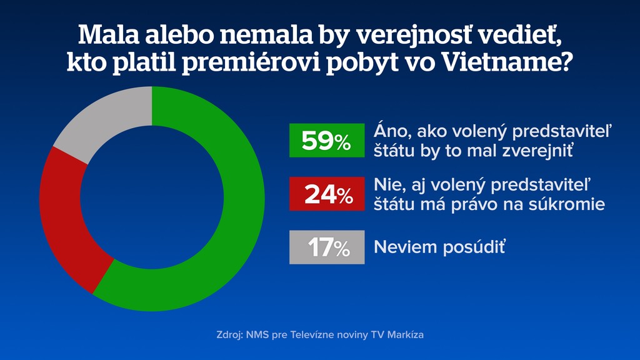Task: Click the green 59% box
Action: coord(327,141)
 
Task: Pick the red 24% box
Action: coord(327,194)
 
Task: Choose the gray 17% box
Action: coord(327,247)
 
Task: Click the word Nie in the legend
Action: coord(386,186)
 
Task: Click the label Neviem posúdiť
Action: coord(439,247)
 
